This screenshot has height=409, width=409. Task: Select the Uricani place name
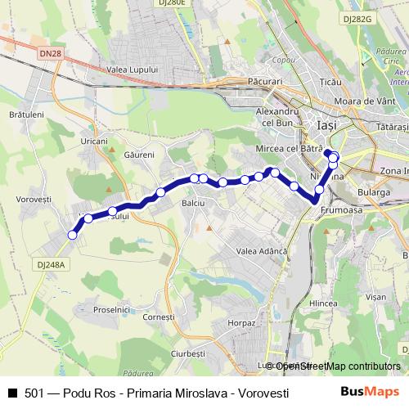[94, 142]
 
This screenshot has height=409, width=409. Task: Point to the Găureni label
[139, 154]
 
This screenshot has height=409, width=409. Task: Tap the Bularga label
[372, 192]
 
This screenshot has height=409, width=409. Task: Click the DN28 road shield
[51, 54]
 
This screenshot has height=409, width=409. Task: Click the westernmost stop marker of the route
[72, 236]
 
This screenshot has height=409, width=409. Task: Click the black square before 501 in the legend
[12, 393]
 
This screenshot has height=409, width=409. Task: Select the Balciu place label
[193, 201]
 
